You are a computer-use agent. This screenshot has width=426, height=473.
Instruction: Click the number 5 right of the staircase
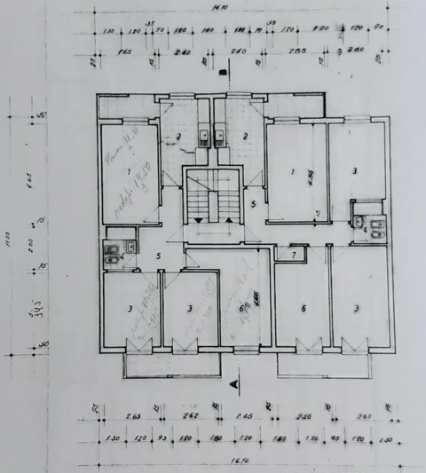click(x=253, y=204)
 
